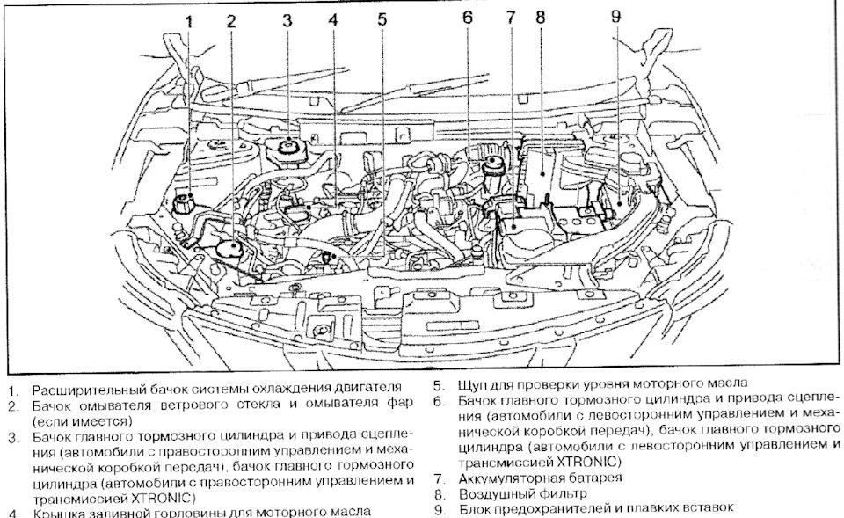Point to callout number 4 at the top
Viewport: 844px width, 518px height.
tap(332, 18)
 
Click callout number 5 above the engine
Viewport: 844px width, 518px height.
tap(381, 18)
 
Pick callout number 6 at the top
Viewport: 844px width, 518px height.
tap(468, 18)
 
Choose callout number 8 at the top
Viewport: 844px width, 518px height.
tap(540, 18)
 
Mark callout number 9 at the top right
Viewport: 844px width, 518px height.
tap(615, 17)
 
